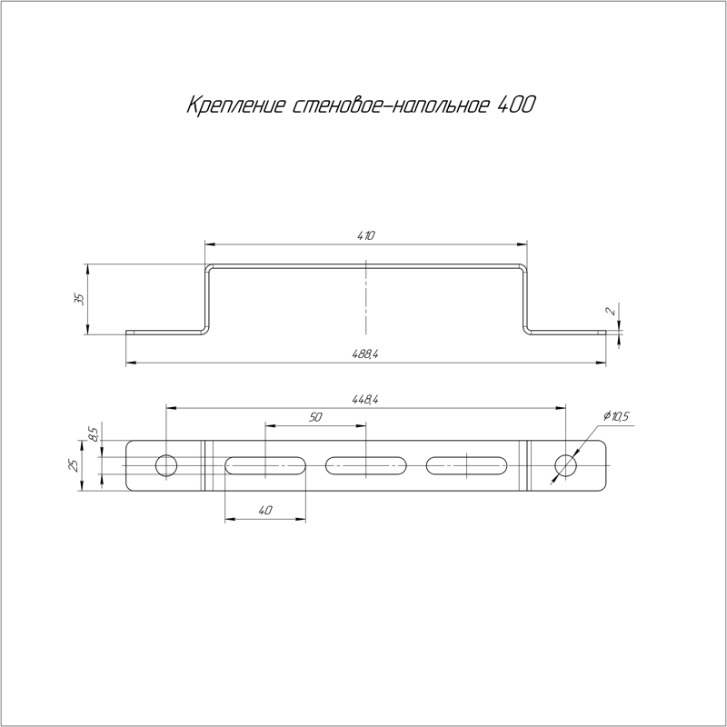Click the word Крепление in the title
[235, 105]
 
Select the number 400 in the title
[515, 105]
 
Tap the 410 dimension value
[366, 235]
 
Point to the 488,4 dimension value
[366, 354]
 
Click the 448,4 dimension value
[366, 400]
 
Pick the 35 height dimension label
[79, 299]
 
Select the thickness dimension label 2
[612, 311]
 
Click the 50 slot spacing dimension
[315, 417]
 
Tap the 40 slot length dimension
[264, 511]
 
